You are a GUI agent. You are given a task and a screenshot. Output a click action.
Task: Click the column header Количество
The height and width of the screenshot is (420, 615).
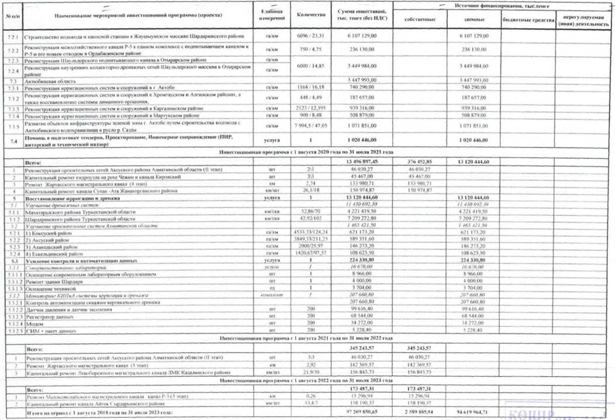pos(307,15)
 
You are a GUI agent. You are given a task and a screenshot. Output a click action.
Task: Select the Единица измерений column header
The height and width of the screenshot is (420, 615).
pos(271,15)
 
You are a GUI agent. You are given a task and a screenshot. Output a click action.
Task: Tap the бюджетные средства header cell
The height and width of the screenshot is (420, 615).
pos(524,19)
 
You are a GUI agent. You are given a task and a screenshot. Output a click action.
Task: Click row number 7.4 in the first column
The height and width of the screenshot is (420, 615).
pos(12,140)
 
